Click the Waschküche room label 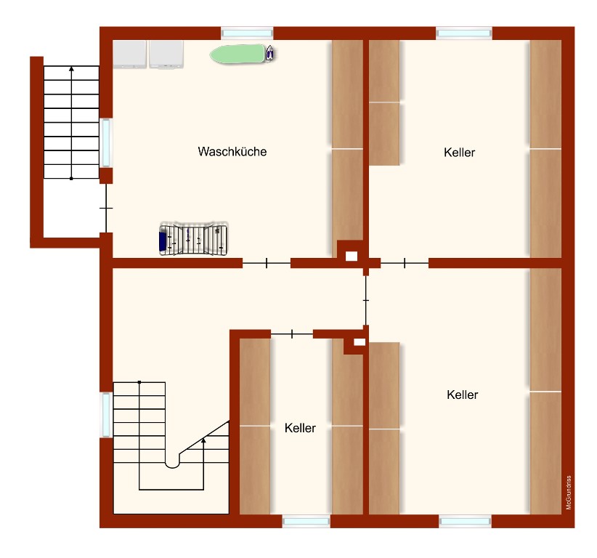point(232,152)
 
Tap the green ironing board point(237,54)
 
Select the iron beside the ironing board point(269,53)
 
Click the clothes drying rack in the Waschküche point(194,238)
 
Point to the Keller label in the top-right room point(459,153)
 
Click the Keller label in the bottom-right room point(462,395)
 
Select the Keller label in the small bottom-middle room point(300,428)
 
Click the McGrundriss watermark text point(569,493)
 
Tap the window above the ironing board point(247,33)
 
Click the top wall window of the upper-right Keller point(464,33)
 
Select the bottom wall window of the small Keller point(306,521)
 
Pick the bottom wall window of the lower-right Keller point(465,521)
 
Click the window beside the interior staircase point(106,415)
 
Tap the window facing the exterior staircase point(106,142)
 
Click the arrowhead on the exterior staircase point(72,69)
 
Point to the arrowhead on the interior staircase point(203,440)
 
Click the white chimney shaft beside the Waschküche point(352,256)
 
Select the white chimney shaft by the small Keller point(360,342)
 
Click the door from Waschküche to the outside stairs point(106,209)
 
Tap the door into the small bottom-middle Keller point(292,334)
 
